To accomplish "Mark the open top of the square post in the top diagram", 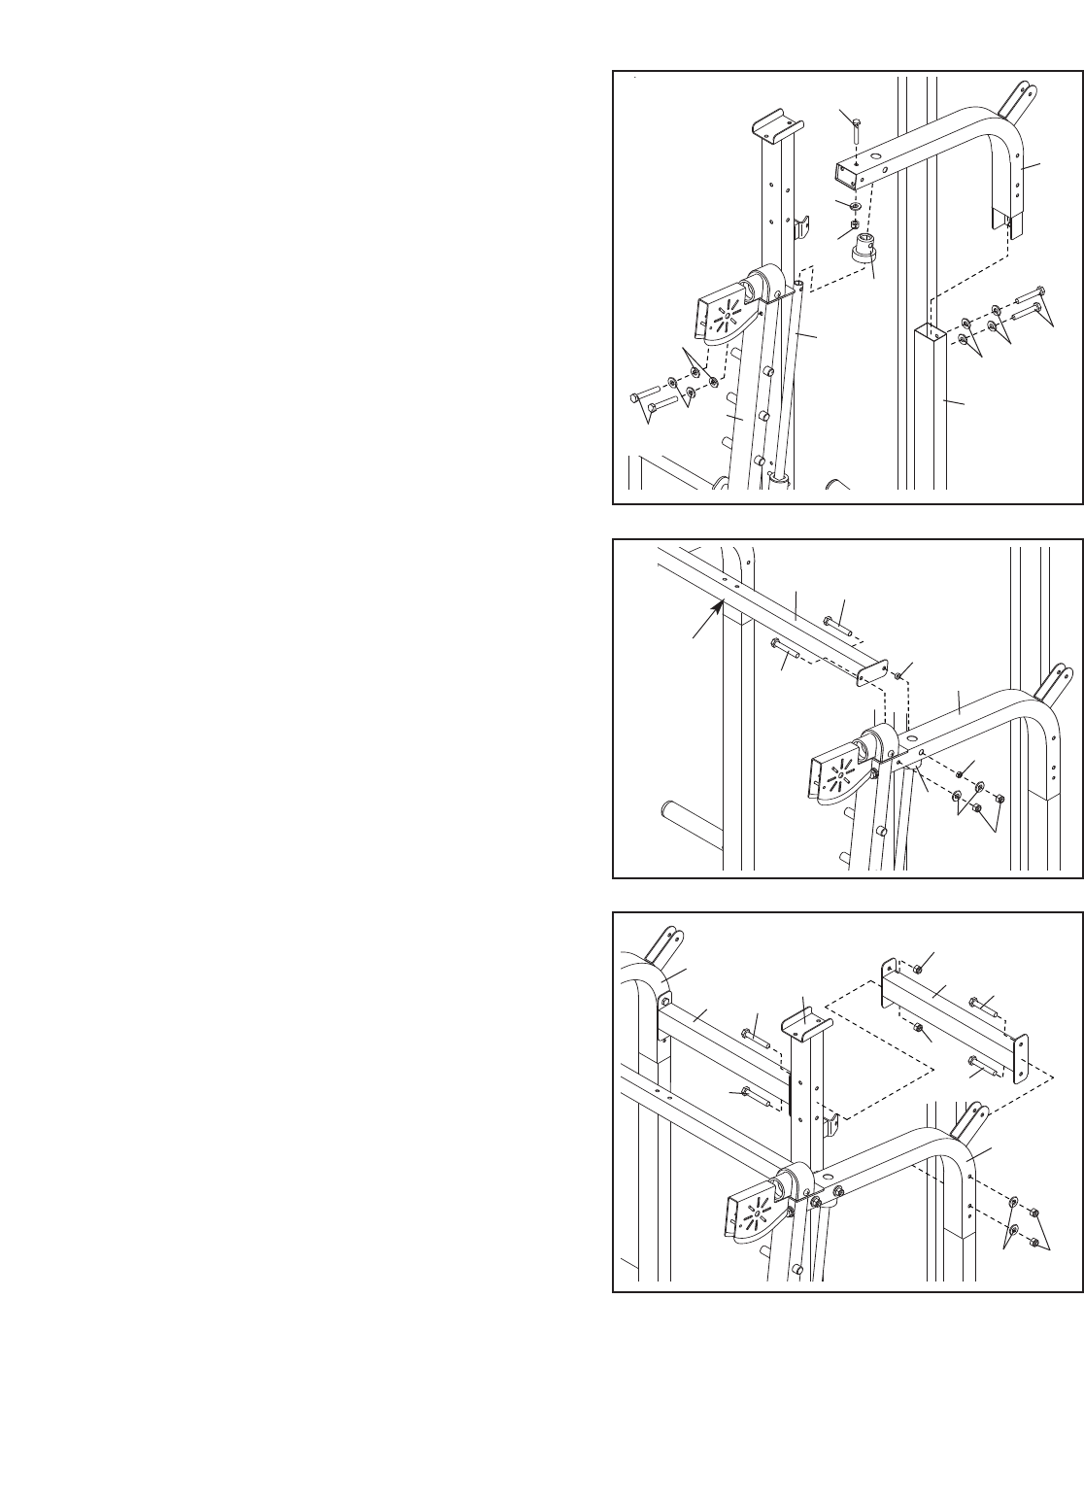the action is pyautogui.click(x=930, y=332).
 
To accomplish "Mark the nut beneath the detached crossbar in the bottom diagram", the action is pyautogui.click(x=917, y=1027).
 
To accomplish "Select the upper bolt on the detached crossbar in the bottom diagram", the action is pyautogui.click(x=983, y=1005).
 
